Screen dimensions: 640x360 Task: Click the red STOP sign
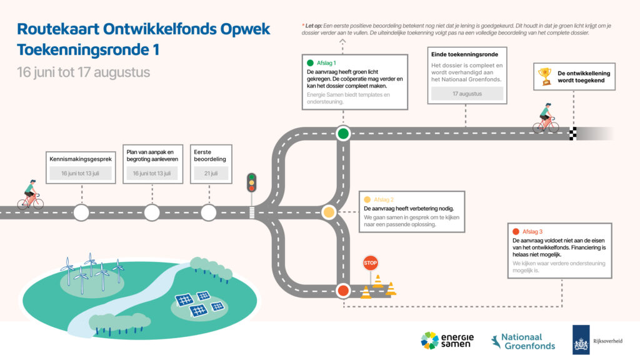tap(370, 263)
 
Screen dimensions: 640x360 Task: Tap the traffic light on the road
tap(251, 183)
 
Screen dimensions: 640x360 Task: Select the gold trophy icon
tap(545, 76)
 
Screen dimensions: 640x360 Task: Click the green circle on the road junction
tap(343, 134)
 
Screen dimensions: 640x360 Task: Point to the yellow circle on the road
tap(329, 212)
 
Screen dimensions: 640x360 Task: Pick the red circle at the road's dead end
tap(343, 291)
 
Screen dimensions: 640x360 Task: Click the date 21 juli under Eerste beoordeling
tap(211, 173)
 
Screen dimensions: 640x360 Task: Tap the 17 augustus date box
tap(467, 94)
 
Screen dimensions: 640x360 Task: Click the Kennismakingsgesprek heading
tap(81, 159)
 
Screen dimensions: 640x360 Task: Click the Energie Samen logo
tap(447, 341)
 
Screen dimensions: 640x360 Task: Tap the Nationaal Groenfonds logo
tap(523, 341)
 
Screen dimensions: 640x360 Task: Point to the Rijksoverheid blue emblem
tap(581, 339)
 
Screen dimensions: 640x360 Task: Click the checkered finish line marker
tap(573, 134)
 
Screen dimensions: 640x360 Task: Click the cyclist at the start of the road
tap(31, 195)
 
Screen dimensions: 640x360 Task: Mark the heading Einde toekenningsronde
tap(464, 54)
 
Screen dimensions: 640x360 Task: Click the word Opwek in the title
tap(245, 29)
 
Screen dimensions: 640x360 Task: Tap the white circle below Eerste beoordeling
tap(209, 212)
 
